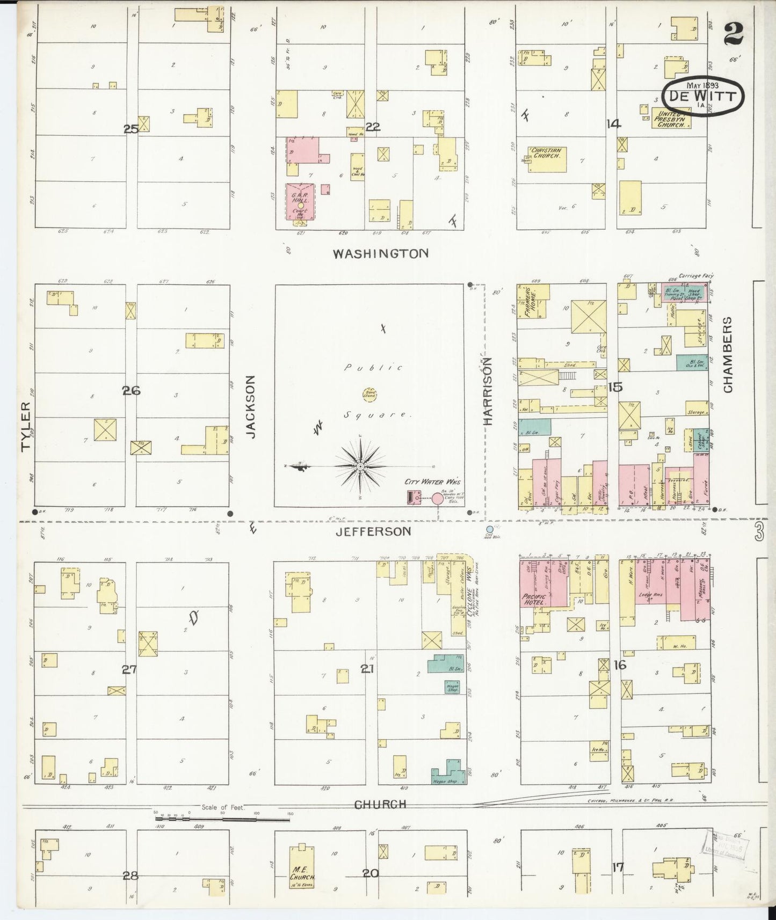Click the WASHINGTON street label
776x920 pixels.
[x=380, y=253]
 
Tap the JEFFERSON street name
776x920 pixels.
[x=373, y=531]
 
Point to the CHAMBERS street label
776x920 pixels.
[x=728, y=354]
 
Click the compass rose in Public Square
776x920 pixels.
[x=360, y=466]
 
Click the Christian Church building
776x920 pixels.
[x=547, y=158]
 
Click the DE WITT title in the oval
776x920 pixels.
[x=702, y=96]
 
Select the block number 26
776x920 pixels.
[x=131, y=391]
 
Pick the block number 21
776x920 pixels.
[x=367, y=669]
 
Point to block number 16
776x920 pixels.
[x=620, y=665]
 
